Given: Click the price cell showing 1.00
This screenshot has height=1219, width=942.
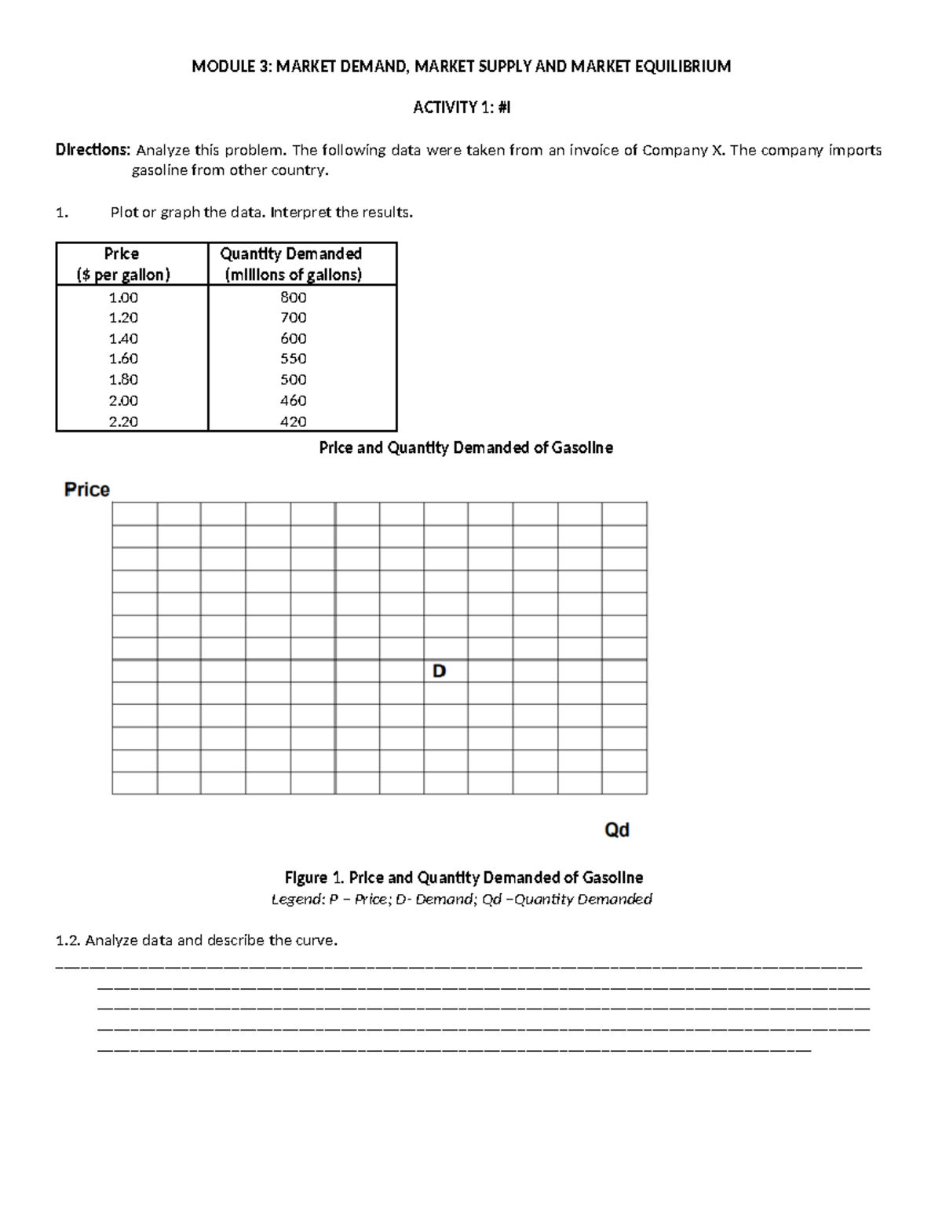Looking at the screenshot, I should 122,297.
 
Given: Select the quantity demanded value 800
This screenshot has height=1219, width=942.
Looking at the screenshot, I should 294,297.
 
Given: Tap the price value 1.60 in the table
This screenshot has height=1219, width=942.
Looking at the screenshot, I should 122,359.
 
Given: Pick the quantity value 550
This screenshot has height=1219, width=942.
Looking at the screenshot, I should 294,359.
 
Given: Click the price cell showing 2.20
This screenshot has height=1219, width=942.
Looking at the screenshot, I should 122,422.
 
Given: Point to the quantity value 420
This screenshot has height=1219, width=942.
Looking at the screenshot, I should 294,422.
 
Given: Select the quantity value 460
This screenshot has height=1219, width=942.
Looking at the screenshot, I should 294,400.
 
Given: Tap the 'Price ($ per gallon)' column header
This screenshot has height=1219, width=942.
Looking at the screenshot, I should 122,264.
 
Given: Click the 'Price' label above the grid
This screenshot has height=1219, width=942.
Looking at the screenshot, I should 86,490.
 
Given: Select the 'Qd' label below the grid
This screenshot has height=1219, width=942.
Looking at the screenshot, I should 616,830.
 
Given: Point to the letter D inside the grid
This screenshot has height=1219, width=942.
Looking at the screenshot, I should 439,671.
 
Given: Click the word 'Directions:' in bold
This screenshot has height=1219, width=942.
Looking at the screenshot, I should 92,150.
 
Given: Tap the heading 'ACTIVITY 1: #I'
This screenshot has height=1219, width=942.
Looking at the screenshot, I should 462,108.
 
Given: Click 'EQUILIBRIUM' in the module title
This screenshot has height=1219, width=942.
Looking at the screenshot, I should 682,67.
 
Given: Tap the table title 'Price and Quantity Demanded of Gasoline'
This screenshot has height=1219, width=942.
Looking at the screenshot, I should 466,448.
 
